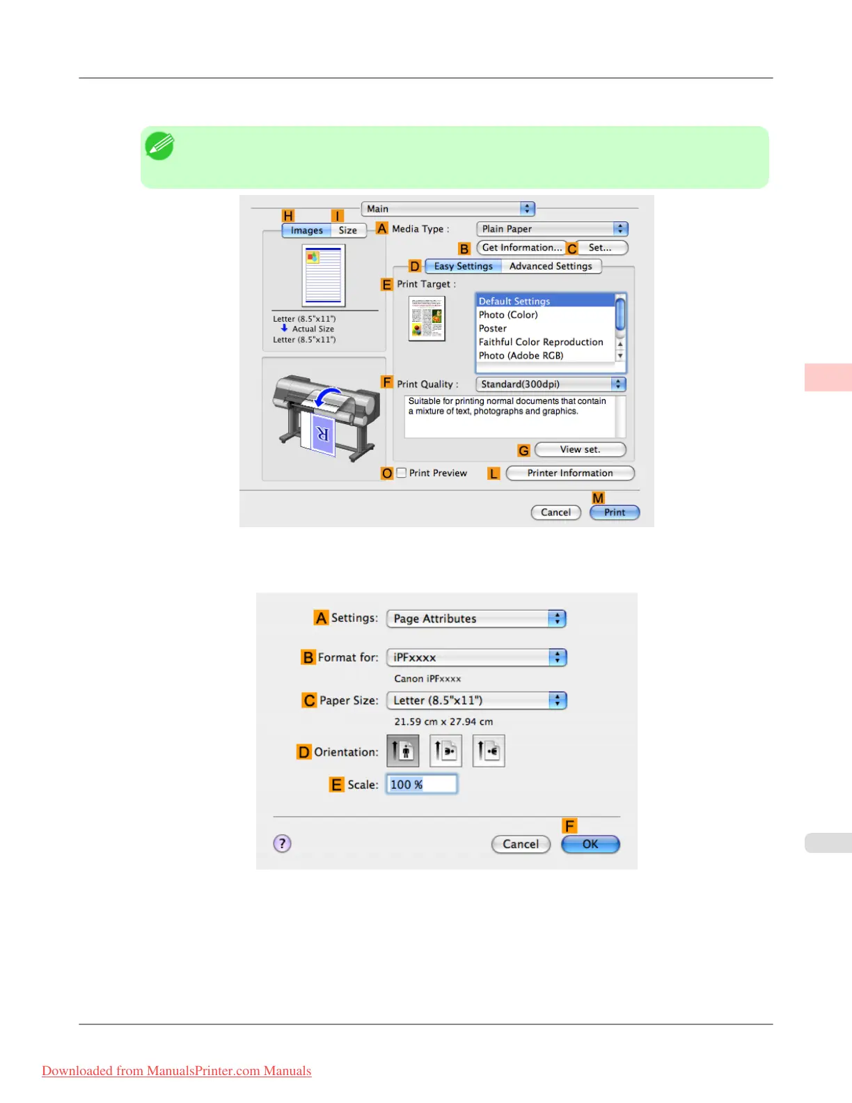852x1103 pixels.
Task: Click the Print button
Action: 614,513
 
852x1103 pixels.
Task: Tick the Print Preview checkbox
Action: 402,473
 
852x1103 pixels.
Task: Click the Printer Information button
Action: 569,474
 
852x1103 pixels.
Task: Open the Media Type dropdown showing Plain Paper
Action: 552,229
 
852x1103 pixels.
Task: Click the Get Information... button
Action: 521,248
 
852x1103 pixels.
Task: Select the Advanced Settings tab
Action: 551,266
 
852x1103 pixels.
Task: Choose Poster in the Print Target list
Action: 493,329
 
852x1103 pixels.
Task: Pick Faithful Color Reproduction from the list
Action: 541,342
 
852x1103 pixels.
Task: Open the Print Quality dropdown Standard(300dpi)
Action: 550,384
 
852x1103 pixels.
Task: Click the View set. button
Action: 580,450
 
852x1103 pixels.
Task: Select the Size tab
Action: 348,230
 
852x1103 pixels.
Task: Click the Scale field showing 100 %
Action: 421,785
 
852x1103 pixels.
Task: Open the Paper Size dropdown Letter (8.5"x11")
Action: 476,701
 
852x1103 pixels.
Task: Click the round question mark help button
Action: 282,844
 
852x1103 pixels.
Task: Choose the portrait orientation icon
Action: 403,751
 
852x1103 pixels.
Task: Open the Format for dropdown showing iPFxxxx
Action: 476,657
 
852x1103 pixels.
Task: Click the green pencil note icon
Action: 159,146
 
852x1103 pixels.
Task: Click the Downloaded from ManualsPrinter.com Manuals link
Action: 176,1071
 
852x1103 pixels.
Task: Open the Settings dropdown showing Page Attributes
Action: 476,618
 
